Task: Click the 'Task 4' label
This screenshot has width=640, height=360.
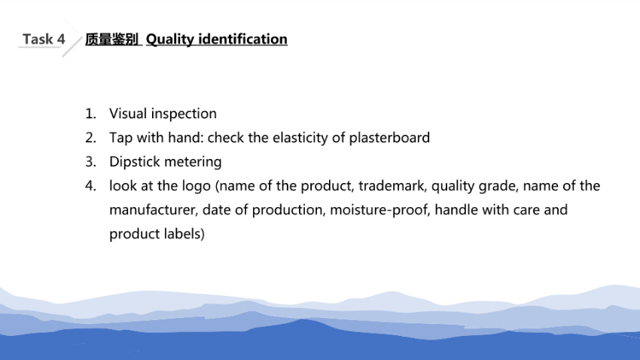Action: pyautogui.click(x=44, y=39)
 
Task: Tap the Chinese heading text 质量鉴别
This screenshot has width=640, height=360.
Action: pyautogui.click(x=111, y=39)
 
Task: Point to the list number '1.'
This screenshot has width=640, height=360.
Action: pyautogui.click(x=90, y=114)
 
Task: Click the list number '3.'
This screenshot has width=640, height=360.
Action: pyautogui.click(x=90, y=162)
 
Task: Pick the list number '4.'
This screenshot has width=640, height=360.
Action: pyautogui.click(x=90, y=186)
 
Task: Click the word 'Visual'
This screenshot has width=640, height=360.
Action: pyautogui.click(x=128, y=114)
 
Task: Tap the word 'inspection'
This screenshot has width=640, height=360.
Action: pyautogui.click(x=184, y=114)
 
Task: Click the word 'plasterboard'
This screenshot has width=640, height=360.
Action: pyautogui.click(x=389, y=138)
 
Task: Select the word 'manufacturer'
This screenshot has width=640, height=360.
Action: pyautogui.click(x=154, y=210)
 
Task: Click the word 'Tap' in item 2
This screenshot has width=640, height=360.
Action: pyautogui.click(x=120, y=138)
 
